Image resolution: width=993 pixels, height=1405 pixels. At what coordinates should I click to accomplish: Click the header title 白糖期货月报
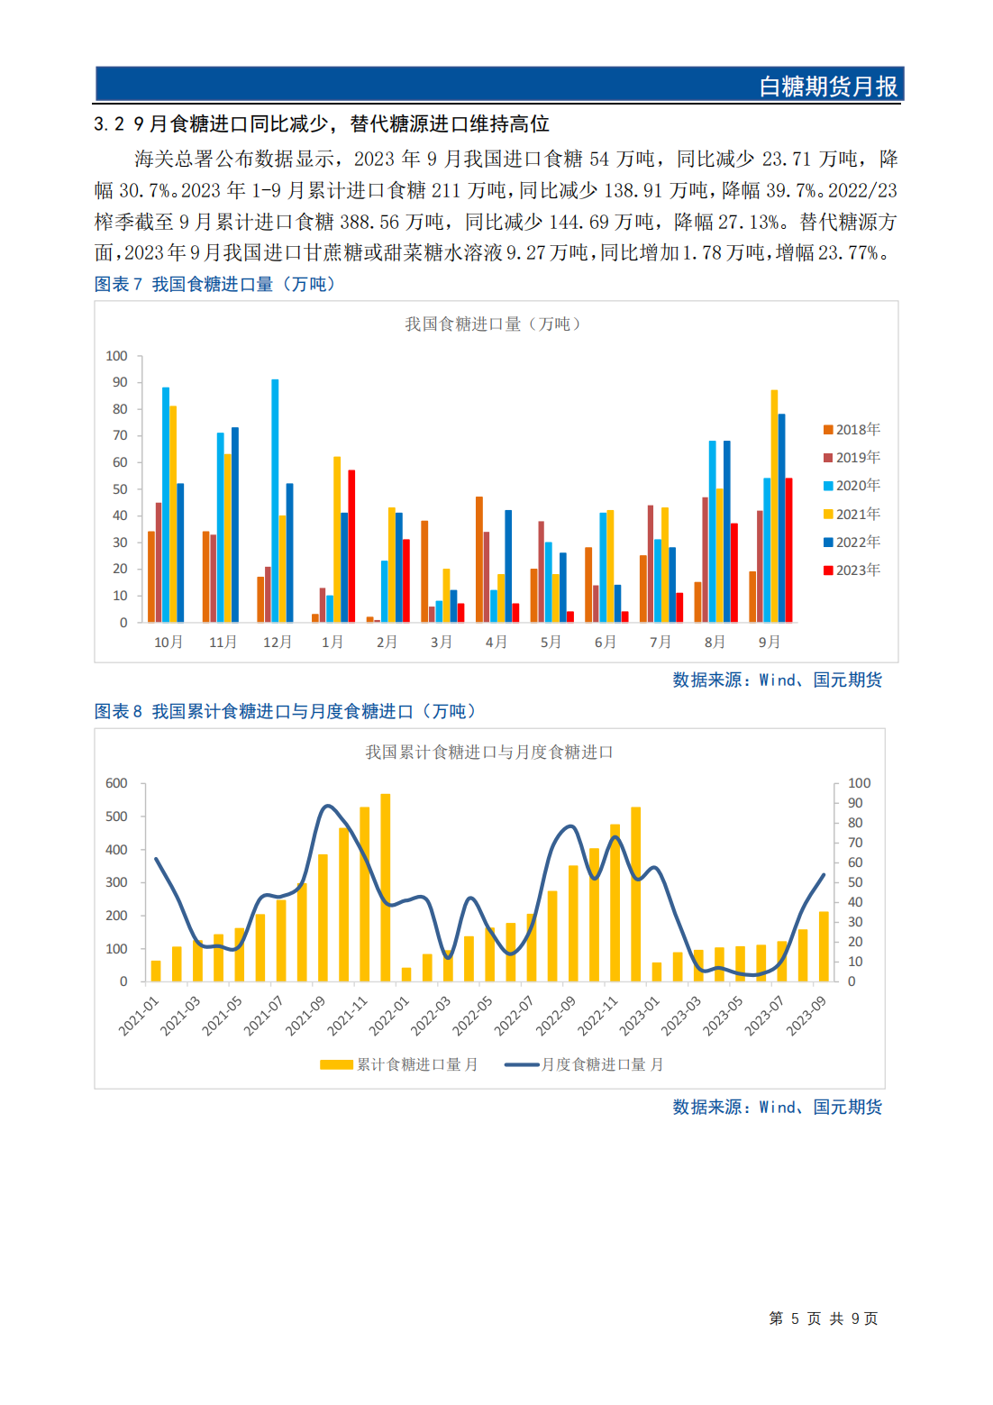[x=827, y=87]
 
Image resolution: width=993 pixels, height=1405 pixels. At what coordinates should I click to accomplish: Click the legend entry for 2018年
[x=852, y=430]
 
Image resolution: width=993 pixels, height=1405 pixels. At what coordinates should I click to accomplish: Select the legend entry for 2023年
[x=852, y=570]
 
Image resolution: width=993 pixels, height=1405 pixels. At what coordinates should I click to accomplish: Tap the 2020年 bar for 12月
[x=275, y=500]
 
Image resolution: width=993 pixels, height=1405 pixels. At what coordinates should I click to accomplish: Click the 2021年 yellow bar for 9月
[x=774, y=506]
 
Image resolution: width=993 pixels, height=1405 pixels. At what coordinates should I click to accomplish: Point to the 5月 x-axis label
[x=551, y=642]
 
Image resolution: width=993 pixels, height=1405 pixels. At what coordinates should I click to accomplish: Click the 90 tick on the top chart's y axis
[x=120, y=382]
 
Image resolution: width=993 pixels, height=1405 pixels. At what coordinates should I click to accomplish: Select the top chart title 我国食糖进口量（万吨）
[x=492, y=324]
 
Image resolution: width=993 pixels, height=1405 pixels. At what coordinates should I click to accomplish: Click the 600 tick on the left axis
[x=117, y=783]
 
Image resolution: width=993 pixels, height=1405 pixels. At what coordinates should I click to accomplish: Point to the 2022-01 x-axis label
[x=389, y=1016]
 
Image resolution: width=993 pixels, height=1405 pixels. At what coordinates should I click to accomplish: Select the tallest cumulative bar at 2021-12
[x=386, y=888]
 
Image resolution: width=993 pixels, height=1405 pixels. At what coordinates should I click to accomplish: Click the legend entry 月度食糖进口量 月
[x=584, y=1064]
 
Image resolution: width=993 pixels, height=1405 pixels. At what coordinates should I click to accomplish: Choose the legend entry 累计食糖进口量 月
[x=400, y=1064]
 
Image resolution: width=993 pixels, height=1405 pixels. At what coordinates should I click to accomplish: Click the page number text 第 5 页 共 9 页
[x=823, y=1318]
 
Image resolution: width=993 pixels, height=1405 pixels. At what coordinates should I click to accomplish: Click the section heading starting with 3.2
[x=322, y=123]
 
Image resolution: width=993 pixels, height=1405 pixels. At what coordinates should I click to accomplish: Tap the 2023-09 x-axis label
[x=806, y=1016]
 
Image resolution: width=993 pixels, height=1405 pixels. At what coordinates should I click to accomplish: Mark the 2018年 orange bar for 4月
[x=479, y=559]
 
